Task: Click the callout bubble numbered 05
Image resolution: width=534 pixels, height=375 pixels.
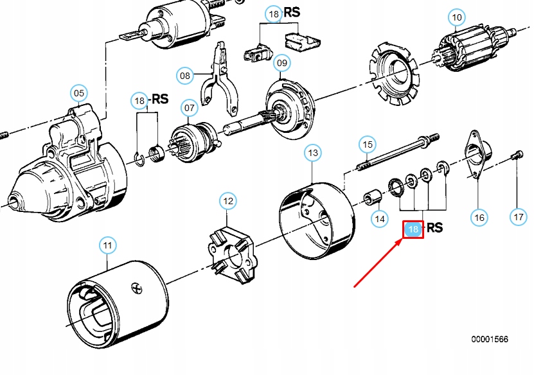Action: click(78, 93)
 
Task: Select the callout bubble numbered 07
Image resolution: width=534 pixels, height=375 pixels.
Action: click(189, 108)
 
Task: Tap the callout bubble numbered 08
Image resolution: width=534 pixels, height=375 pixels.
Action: click(185, 75)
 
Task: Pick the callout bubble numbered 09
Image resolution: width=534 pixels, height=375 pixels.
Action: click(282, 63)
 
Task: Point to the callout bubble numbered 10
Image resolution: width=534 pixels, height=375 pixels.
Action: click(457, 17)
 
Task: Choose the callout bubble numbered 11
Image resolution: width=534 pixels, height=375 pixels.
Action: click(107, 245)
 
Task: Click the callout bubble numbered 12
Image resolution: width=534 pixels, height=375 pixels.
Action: click(228, 201)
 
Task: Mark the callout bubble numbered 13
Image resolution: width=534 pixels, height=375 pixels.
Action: click(313, 153)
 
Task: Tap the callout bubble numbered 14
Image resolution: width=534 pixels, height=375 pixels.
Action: click(380, 218)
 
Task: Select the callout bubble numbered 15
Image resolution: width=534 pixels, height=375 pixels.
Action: click(368, 144)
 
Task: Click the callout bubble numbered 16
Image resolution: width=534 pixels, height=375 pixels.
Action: click(479, 217)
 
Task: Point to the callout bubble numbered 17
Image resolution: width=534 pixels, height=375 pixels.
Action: click(519, 217)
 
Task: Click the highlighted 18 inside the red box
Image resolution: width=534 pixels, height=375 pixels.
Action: click(413, 229)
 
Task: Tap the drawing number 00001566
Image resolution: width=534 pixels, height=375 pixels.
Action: click(490, 339)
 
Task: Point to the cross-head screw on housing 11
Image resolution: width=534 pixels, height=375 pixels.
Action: click(137, 289)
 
